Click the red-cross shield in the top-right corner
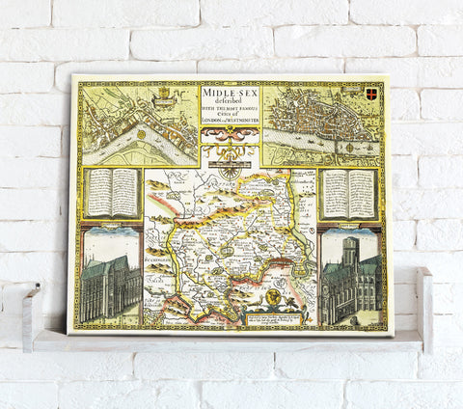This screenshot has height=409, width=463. (x=373, y=92)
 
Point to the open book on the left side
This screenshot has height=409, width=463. (x=113, y=192)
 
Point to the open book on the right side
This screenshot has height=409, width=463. (x=348, y=193)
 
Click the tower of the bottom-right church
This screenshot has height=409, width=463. (x=349, y=253)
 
